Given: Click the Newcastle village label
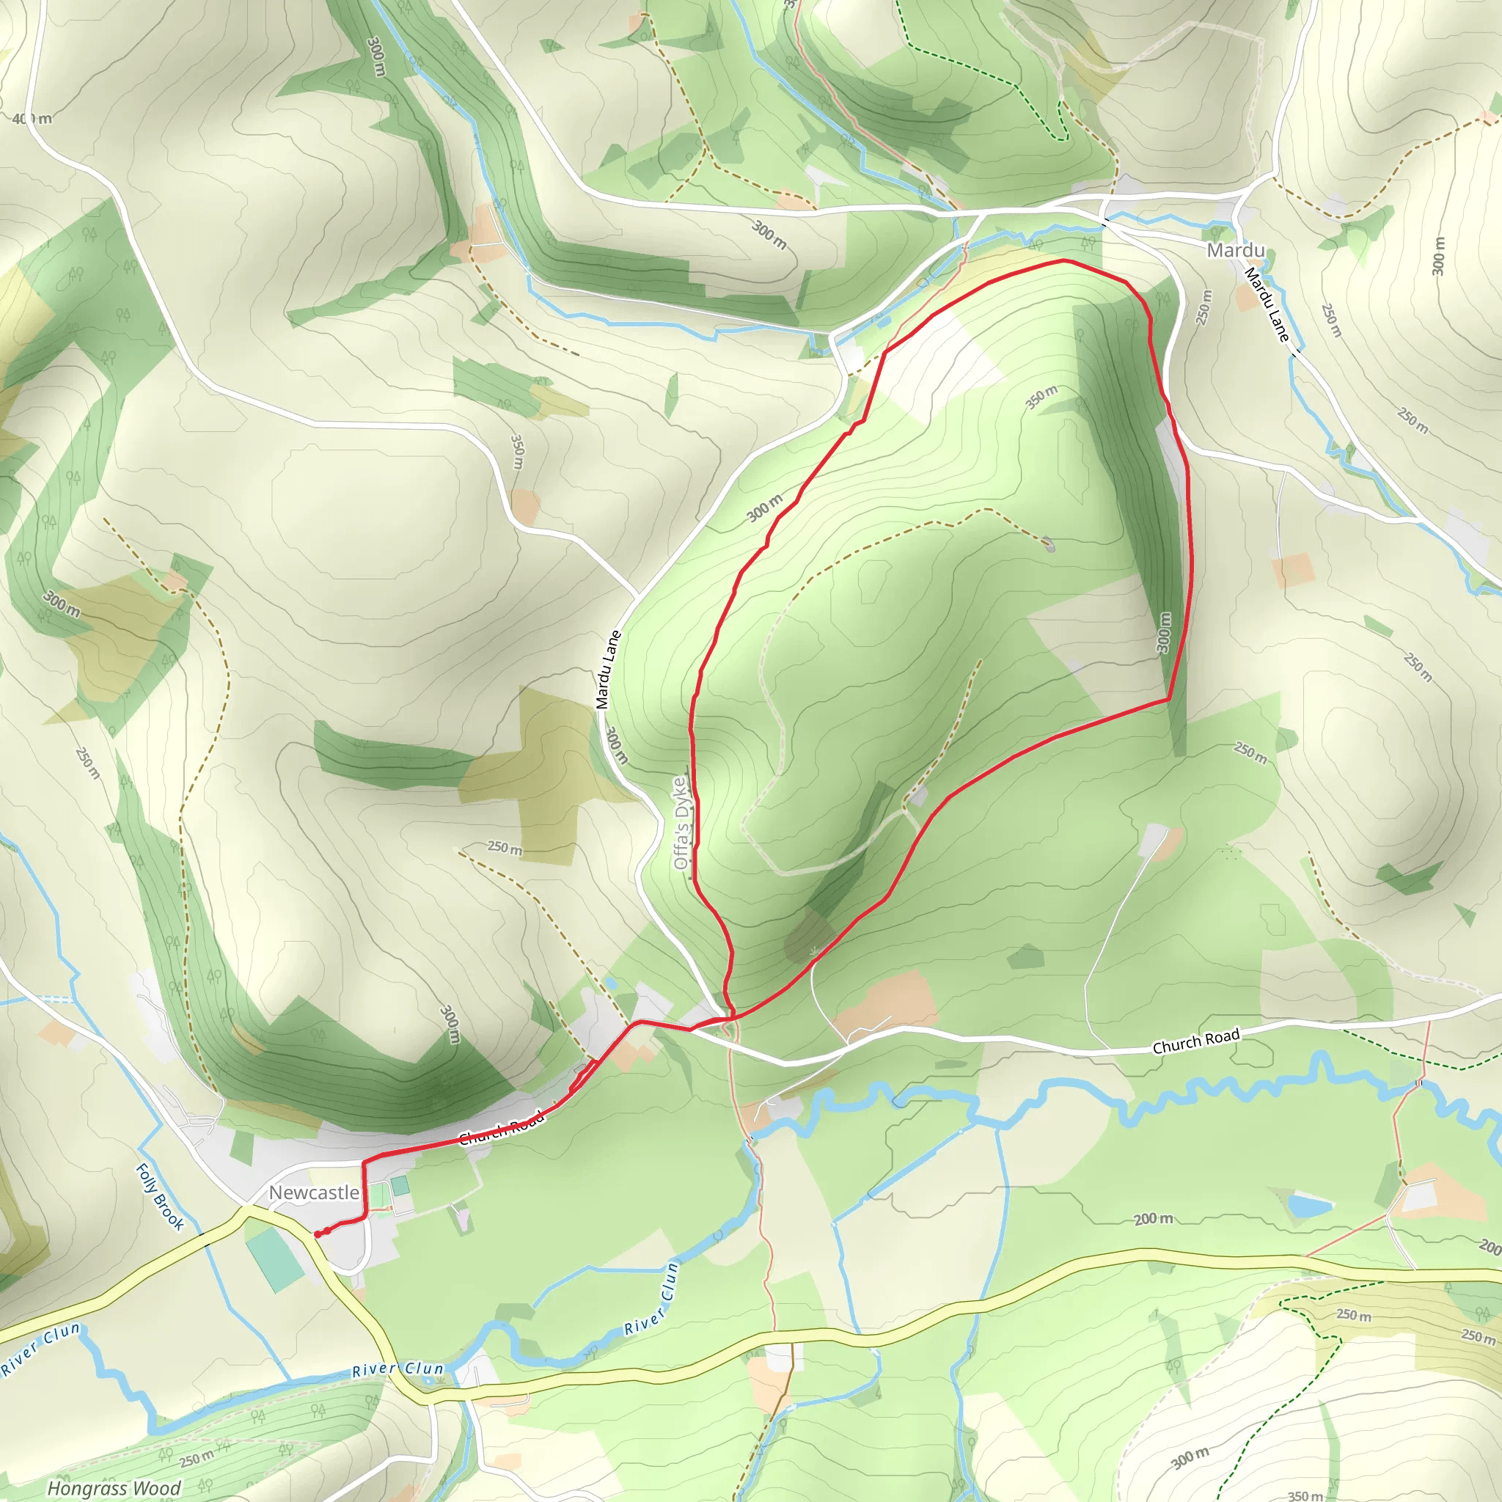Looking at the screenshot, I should click(x=314, y=1193).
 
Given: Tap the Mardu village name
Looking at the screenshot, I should click(x=1235, y=250).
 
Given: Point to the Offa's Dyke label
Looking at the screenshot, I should click(x=681, y=823).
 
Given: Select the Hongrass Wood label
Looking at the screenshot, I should click(x=114, y=1488).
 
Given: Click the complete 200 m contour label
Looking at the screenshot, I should click(x=1153, y=1218).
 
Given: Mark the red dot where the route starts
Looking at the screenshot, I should click(x=318, y=1234).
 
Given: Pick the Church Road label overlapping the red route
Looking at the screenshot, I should click(x=502, y=1128).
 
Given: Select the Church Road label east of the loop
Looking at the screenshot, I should click(x=1195, y=1041).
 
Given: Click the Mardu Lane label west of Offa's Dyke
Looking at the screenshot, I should click(x=608, y=670).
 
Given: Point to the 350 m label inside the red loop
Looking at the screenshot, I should click(x=1041, y=397).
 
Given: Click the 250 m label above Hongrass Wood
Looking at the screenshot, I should click(x=197, y=1459).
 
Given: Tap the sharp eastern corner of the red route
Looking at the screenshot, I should click(x=1168, y=700).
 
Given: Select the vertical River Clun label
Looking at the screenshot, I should click(x=651, y=1299).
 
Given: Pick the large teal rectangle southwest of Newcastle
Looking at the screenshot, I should click(x=274, y=1258).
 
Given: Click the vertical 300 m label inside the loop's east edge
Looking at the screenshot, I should click(x=1164, y=632).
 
